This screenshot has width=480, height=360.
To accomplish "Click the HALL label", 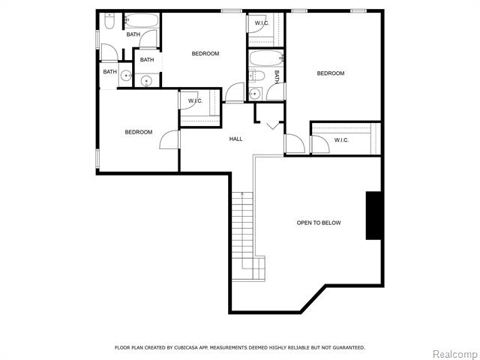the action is pos(235,139).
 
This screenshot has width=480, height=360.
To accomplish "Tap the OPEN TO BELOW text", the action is pos(319,223).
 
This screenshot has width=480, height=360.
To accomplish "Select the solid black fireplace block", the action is pos(373,215).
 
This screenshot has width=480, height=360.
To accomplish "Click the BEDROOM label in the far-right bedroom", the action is pos(331,73).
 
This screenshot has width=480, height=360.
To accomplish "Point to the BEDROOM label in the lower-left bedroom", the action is pos(139,132).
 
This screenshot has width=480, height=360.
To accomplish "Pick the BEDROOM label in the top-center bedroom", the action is pos(205,53).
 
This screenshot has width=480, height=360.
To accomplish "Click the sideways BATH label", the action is pos(277,76).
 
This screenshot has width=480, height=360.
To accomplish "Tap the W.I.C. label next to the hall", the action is pos(195,100).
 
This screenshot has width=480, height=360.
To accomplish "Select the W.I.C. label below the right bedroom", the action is pos(341,140).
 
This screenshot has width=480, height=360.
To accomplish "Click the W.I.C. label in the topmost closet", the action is pos(262,23).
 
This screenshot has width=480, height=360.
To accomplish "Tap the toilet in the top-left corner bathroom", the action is pos(109,21).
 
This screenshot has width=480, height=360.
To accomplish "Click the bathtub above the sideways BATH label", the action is pos(265,58).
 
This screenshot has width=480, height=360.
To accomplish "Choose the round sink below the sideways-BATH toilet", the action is pos(255,94).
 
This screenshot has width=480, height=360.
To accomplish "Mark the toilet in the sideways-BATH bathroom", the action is pos(257,76).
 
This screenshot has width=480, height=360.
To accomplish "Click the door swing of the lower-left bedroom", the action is pos(169,139).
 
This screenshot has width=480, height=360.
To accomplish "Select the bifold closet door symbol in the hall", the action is pos(271,125).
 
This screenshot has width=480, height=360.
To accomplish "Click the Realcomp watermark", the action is pos(454,354).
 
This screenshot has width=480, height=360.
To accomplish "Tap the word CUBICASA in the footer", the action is pos(186,347).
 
